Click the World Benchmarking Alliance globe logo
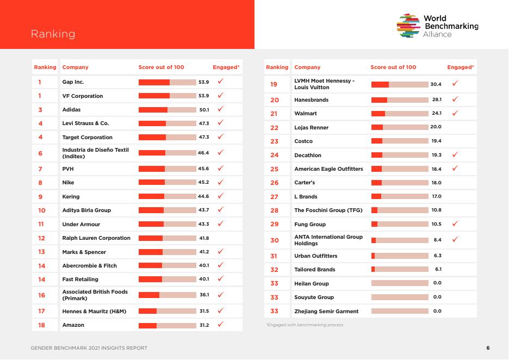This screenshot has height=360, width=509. point(408,26)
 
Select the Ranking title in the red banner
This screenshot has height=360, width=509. point(53,34)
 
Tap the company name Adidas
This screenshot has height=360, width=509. point(71,110)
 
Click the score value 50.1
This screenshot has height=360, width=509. point(204,110)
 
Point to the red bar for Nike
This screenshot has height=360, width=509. point(152,182)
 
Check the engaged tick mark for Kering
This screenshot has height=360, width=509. point(221,196)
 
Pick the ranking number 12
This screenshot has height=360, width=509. point(41,238)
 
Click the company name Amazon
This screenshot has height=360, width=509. point(73,325)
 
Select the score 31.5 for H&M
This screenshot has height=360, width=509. point(204,311)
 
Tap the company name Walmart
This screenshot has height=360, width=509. point(306,113)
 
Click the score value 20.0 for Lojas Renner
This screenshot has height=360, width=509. point(436,127)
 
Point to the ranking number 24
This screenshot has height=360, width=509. point(274,155)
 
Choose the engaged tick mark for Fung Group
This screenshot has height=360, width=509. point(455,224)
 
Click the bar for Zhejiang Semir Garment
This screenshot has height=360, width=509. point(400,311)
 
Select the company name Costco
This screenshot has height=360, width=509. point(303,141)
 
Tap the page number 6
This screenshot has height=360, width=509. point(488,348)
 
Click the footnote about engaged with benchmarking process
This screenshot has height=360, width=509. point(305,325)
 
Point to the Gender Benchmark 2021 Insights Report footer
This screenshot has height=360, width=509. point(89,348)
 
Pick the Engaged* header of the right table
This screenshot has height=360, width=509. point(460,67)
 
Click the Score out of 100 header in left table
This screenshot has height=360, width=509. point(162,67)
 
